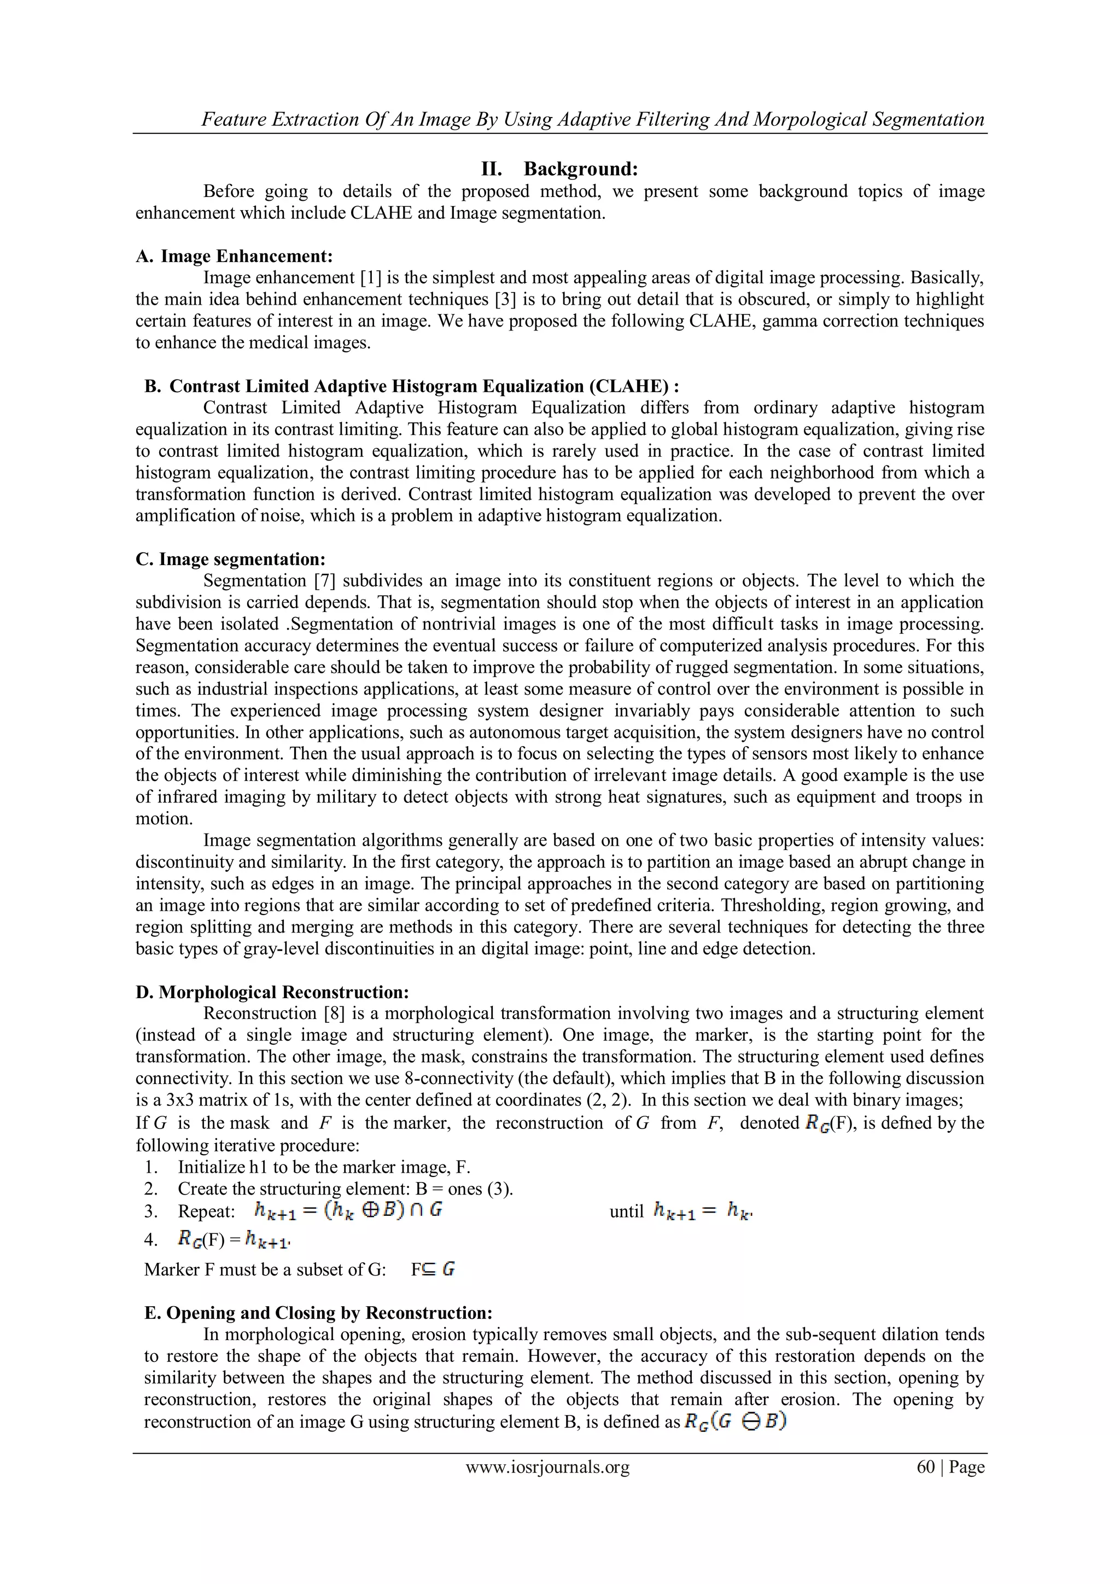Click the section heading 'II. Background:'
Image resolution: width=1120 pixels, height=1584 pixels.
click(x=559, y=168)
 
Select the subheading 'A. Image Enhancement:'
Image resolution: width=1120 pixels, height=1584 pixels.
click(x=235, y=256)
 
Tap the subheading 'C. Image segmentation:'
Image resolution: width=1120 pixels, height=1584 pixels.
click(x=230, y=559)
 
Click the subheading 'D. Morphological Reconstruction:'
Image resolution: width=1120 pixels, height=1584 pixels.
click(x=272, y=992)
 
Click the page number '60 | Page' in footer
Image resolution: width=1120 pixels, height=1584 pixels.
click(x=950, y=1467)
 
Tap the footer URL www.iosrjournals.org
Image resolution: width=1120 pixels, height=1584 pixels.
click(x=547, y=1467)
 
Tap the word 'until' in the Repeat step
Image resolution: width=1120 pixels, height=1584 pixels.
click(x=626, y=1212)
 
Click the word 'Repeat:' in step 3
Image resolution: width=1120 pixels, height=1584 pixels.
click(x=207, y=1212)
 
